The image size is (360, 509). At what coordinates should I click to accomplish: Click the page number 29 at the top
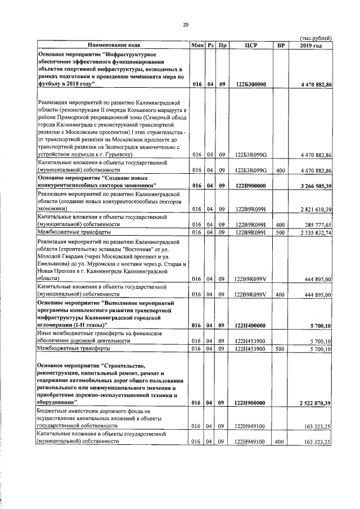184,24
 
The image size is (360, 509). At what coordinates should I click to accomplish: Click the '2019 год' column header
310,44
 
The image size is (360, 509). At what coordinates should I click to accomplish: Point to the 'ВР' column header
278,44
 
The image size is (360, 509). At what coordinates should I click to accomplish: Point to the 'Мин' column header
197,44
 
